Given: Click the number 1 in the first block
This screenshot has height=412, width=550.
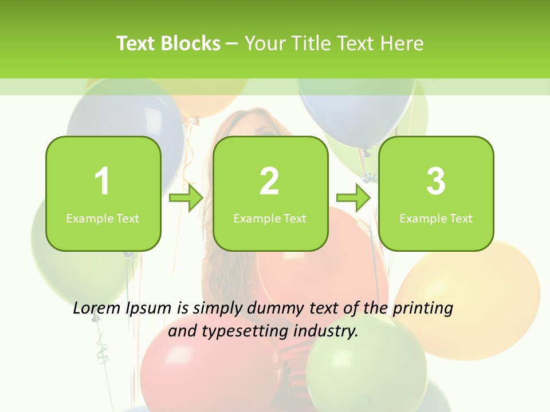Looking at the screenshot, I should coord(102,181).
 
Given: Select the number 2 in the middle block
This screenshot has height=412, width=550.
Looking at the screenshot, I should coord(269,181).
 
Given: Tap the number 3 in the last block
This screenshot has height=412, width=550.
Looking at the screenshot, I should coord(436,181).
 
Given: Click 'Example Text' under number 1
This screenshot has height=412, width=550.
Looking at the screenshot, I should coord(103,218).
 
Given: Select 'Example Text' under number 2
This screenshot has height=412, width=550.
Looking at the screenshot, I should coord(270,218).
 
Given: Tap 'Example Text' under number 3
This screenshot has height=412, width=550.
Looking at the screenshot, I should coord(436,218).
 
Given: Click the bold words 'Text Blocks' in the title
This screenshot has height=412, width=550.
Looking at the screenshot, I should coord(168,43).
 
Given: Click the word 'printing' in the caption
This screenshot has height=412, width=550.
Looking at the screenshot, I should coord(422,308).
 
